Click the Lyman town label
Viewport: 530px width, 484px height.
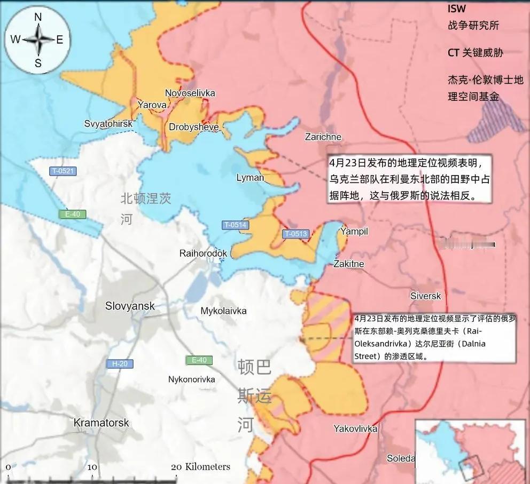(x=250, y=178)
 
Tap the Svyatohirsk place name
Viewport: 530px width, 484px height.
(x=108, y=124)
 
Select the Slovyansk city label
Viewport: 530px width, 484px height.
(x=130, y=306)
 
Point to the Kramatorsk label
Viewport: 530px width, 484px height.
(x=101, y=423)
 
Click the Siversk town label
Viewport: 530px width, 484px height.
(x=426, y=296)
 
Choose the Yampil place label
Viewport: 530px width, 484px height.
(x=355, y=231)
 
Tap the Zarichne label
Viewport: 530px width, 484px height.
(x=323, y=137)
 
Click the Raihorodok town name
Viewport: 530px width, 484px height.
(x=203, y=253)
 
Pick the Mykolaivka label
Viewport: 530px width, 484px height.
(x=223, y=311)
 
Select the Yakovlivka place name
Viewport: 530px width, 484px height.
(x=355, y=429)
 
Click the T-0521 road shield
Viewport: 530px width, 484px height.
(x=63, y=171)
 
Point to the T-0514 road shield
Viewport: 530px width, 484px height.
(x=235, y=225)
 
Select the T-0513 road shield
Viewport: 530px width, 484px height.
(x=295, y=234)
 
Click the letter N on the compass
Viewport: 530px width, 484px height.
(x=38, y=17)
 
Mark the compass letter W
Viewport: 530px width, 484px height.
(x=15, y=39)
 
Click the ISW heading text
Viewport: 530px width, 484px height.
(x=456, y=9)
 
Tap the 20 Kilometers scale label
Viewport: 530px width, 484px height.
(x=201, y=467)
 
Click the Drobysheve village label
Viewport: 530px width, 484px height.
(x=193, y=127)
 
